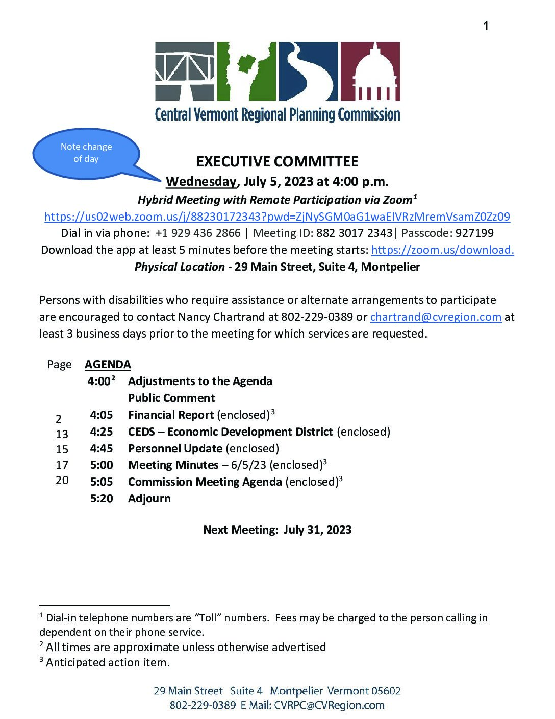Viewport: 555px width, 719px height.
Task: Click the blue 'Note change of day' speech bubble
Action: coord(86,153)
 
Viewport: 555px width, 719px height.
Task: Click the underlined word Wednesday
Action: coord(201,181)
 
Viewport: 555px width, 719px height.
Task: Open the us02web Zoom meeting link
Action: coord(277,217)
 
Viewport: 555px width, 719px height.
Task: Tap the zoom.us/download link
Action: coord(442,250)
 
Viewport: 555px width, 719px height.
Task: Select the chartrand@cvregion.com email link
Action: coord(436,317)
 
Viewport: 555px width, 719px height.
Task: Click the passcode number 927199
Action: coord(474,233)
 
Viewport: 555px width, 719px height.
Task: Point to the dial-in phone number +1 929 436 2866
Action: coord(198,233)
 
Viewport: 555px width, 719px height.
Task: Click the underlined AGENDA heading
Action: coord(108,364)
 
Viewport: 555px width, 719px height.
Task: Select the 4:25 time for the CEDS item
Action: coord(102,432)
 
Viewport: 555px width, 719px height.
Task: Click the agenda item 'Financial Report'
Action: coord(170,415)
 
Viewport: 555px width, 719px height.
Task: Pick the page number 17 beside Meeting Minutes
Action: coord(62,465)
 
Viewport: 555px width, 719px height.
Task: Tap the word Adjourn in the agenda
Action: coord(149,498)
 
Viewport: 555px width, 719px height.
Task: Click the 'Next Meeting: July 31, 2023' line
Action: coord(277,530)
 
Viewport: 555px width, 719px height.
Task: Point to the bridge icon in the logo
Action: coord(185,71)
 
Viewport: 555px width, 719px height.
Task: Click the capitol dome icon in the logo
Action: coord(370,71)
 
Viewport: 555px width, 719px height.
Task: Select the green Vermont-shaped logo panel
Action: coord(246,71)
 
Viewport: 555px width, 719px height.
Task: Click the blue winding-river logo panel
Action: coord(308,71)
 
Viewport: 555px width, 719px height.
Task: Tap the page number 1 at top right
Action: coord(486,26)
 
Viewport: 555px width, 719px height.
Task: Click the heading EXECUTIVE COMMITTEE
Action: coord(277,162)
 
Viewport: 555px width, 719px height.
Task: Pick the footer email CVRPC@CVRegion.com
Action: coord(329,705)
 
